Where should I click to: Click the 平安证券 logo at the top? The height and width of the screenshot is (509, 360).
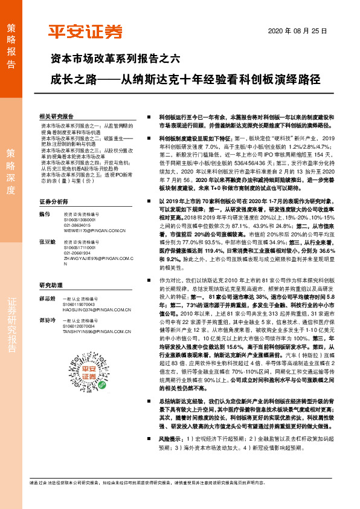[85, 31]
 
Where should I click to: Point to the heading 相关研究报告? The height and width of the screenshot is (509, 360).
[56, 115]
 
